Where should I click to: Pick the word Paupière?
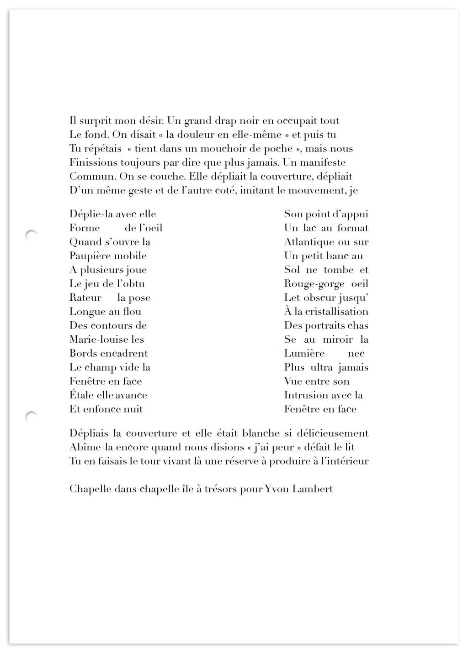tap(90, 256)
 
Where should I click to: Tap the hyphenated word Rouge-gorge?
tap(314, 284)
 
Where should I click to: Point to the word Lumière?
tap(304, 354)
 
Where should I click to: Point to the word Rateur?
tap(85, 298)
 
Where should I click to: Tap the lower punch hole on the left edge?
tap(31, 416)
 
